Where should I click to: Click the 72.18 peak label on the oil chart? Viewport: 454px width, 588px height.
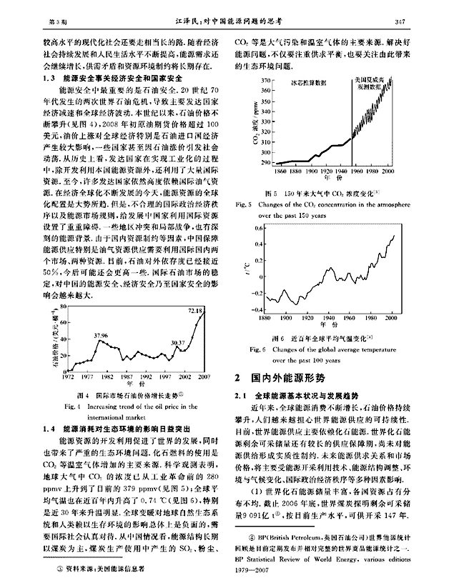[195, 311]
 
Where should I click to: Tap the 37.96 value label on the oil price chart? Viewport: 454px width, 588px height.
[101, 335]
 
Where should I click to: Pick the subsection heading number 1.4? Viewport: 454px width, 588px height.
[51, 429]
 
